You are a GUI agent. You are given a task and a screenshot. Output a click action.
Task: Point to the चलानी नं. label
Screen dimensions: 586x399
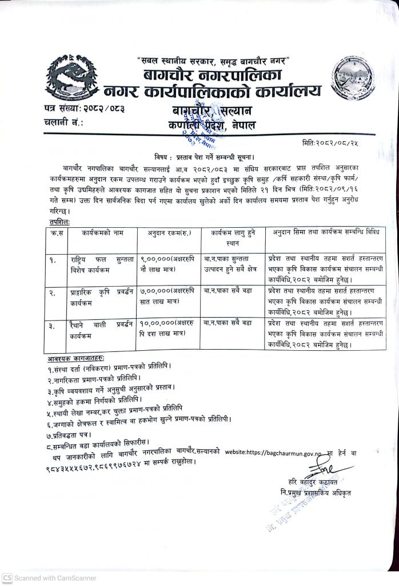63,122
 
